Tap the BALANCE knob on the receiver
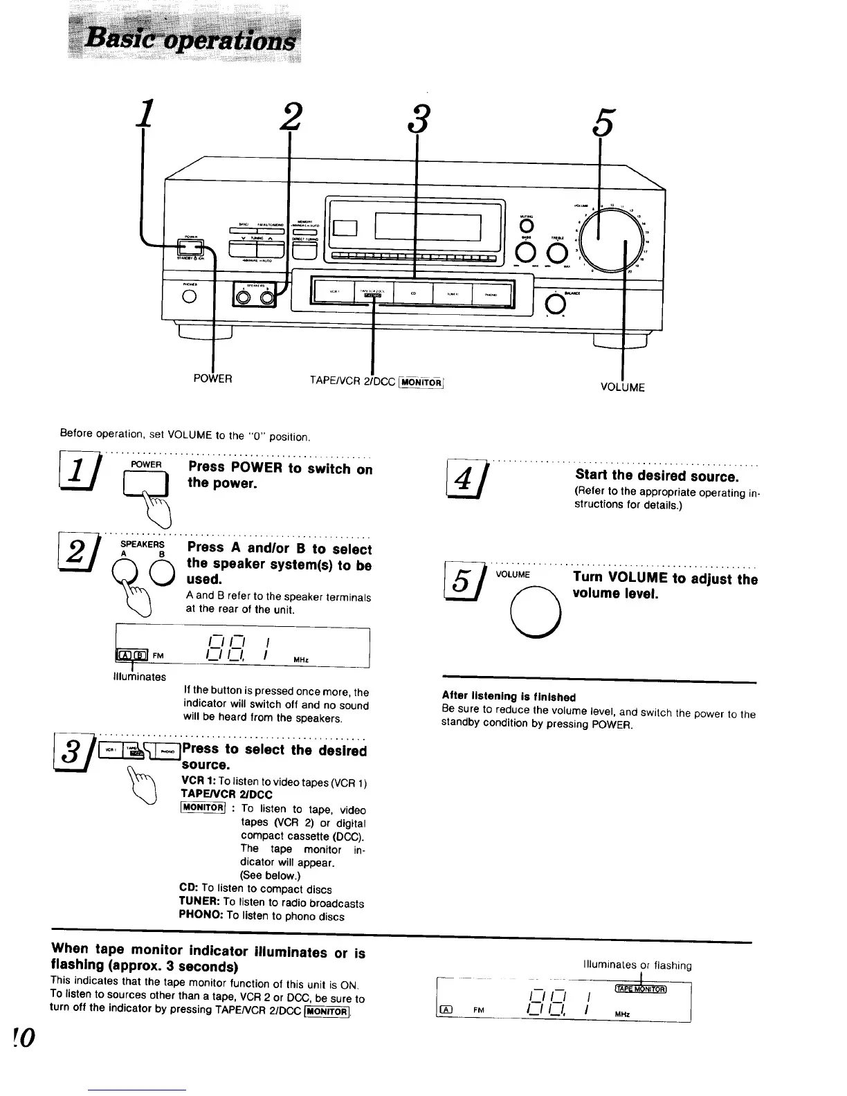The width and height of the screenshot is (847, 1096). tap(553, 303)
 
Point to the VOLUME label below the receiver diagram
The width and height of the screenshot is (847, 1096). tap(623, 387)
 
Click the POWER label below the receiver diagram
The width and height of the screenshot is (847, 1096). tap(212, 379)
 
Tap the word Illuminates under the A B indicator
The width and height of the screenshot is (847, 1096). tap(138, 676)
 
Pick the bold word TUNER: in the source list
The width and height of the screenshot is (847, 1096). tap(200, 903)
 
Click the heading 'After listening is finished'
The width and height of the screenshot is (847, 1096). tap(509, 697)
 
